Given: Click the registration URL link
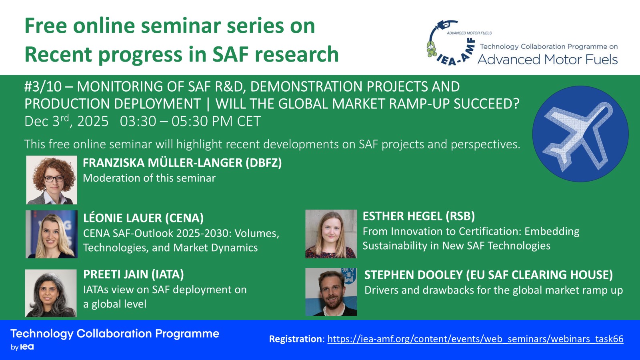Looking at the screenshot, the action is pos(476,339).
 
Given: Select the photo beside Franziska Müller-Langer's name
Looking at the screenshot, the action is pos(52,180).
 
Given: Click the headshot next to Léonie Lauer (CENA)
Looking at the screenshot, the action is pos(52,234).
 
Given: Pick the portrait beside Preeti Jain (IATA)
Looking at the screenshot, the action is pos(51,293).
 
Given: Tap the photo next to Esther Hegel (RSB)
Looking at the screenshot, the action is pos(331,234).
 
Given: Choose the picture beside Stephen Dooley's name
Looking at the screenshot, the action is pos(331,292).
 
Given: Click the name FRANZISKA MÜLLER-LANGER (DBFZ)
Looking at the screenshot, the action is pos(182,163).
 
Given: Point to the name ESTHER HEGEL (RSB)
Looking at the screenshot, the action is pos(418,216).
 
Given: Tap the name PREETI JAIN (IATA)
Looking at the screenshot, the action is pos(134,274).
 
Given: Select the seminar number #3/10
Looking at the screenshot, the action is pos(43,86).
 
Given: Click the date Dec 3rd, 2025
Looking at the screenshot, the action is pos(66,121).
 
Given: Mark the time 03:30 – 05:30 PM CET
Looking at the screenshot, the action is pos(190,121).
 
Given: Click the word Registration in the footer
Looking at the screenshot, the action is pos(296,339).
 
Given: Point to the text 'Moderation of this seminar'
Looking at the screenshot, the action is pos(149,178).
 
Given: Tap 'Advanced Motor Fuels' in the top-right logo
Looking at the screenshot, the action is pos(548,60).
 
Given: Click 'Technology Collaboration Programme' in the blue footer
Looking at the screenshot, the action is pos(115,334).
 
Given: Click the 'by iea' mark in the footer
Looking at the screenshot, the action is pos(22,347).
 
